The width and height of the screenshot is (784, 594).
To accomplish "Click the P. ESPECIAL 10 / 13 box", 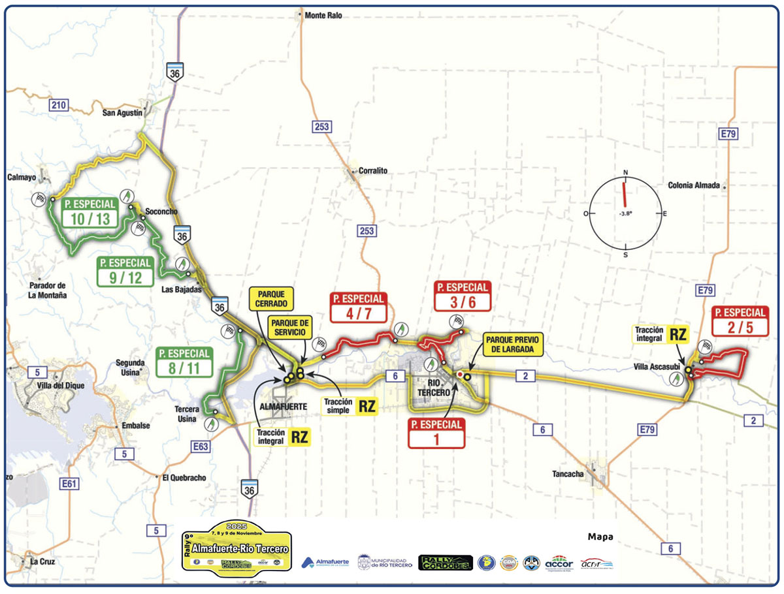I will point(91,213).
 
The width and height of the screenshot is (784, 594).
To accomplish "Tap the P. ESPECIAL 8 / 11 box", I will point(185,361).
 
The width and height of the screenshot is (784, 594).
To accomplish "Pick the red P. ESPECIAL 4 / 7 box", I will point(359,306).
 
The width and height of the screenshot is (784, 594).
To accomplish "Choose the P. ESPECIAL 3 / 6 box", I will point(463,295).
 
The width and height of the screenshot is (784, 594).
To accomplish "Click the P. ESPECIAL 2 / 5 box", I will point(740,320).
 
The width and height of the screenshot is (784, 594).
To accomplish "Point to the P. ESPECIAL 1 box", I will point(436,433).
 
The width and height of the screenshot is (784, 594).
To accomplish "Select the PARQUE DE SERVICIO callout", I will point(291,328).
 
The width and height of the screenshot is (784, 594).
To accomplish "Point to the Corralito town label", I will point(373,171).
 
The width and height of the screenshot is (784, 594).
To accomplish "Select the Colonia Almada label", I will point(694,185).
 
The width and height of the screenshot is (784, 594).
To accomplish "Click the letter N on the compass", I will point(625,172).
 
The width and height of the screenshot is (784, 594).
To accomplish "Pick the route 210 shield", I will point(59,105).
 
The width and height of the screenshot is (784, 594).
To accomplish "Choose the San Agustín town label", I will point(122,113).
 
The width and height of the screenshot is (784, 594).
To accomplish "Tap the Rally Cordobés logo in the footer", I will point(445,562).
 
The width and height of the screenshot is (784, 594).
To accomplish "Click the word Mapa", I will point(600,537).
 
